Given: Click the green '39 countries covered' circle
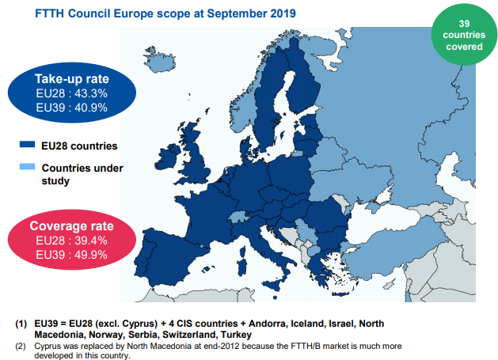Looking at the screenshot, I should [x=464, y=36].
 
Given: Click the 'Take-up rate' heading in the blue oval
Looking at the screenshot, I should [x=71, y=79].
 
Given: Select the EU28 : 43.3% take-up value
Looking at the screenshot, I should [x=71, y=93].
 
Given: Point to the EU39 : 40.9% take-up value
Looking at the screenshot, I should [x=71, y=108].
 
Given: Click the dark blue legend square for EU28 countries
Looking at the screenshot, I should [x=27, y=146].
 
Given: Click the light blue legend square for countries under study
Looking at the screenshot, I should [x=27, y=168].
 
